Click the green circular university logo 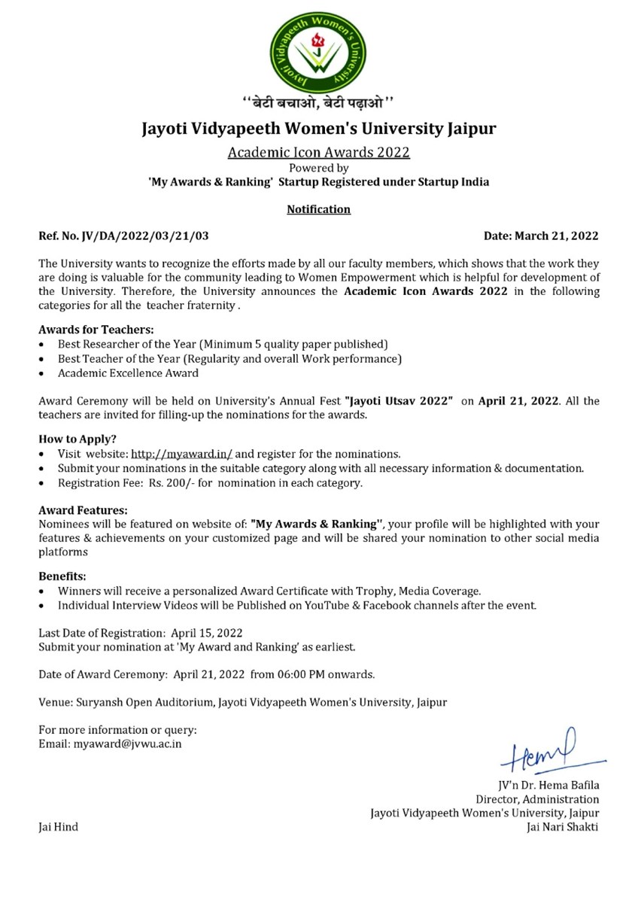[319, 50]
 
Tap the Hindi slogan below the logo [318, 102]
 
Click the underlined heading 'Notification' [318, 209]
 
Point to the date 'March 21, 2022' [557, 236]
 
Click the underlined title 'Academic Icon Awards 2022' [318, 153]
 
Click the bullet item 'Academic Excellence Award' [128, 372]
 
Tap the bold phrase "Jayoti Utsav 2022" [398, 401]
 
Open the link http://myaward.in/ [182, 455]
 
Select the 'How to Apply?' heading [77, 439]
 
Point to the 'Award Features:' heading [83, 510]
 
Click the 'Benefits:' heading [62, 576]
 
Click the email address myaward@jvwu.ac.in [127, 743]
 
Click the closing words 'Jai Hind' [58, 827]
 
